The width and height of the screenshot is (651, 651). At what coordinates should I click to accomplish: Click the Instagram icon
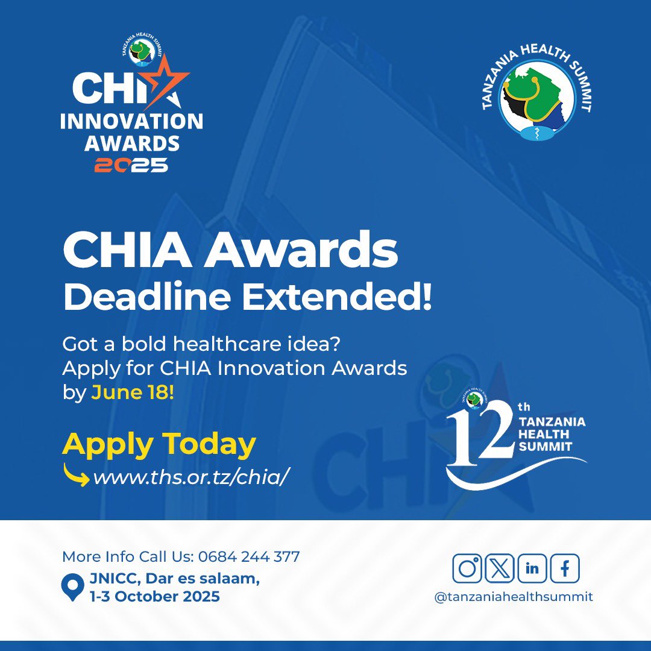click(x=467, y=568)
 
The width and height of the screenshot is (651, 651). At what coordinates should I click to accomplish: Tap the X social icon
click(x=500, y=568)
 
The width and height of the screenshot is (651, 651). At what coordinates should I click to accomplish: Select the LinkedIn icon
click(x=532, y=568)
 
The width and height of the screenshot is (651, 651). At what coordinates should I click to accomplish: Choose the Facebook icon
click(x=565, y=568)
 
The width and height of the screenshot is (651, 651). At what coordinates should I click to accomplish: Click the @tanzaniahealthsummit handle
click(x=514, y=597)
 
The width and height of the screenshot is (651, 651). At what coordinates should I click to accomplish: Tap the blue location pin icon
click(x=73, y=587)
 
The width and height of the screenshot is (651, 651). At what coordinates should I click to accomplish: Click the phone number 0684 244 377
click(x=249, y=557)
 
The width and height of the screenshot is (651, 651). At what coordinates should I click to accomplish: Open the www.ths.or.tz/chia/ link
click(x=190, y=477)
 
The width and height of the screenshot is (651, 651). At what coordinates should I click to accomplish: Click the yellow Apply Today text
click(x=159, y=445)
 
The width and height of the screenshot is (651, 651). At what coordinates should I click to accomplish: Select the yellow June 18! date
click(x=133, y=392)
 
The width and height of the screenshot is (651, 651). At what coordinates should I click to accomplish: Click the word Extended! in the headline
click(x=337, y=297)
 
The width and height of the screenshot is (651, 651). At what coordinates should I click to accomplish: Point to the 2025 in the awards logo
click(x=131, y=165)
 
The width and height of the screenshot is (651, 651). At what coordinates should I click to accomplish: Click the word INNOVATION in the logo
click(x=131, y=121)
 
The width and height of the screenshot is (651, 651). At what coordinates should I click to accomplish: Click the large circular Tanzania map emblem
click(x=536, y=99)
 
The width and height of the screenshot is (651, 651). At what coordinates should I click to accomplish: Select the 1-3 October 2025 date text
click(x=155, y=597)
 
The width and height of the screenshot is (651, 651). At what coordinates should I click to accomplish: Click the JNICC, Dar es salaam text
click(x=175, y=578)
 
